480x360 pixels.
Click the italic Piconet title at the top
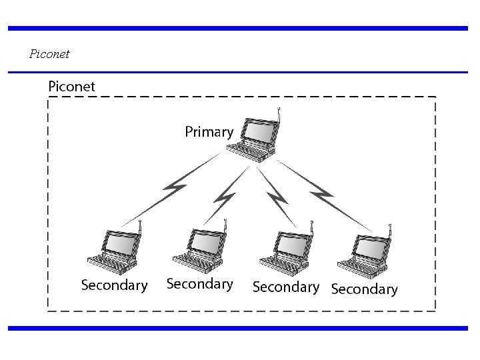click(x=50, y=53)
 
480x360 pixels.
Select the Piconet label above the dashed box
click(x=72, y=87)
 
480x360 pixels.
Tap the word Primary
click(x=209, y=132)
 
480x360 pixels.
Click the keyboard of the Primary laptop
click(x=252, y=151)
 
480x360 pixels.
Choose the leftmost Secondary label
click(x=114, y=285)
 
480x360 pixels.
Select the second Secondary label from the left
click(x=199, y=284)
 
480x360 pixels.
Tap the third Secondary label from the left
click(x=285, y=287)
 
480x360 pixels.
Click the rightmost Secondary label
click(x=364, y=289)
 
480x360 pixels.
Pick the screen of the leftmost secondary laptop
click(x=121, y=243)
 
